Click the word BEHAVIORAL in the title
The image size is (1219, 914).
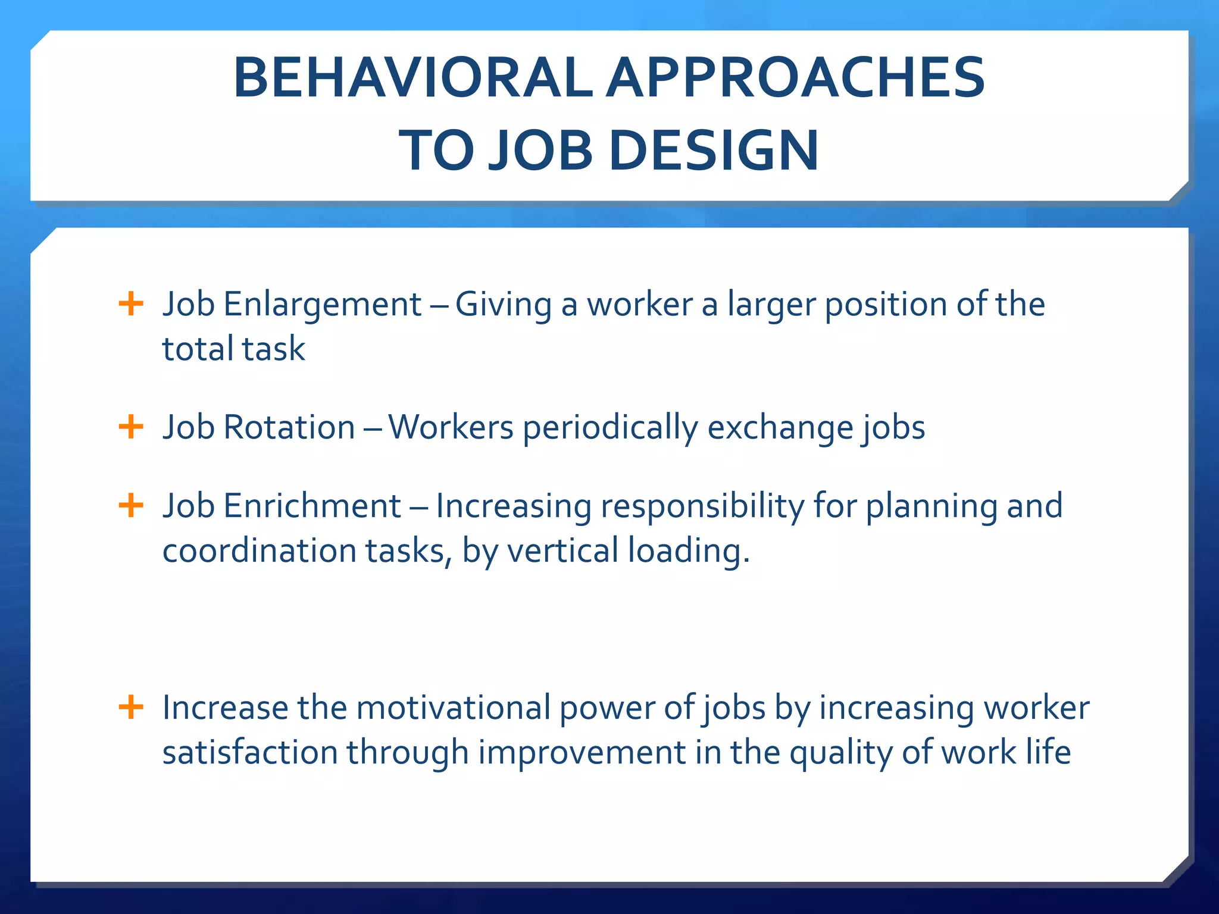pyautogui.click(x=412, y=78)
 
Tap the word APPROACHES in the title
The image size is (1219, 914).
pyautogui.click(x=795, y=78)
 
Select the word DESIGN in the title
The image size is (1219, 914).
pyautogui.click(x=714, y=151)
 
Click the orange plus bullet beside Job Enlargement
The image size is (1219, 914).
pyautogui.click(x=131, y=304)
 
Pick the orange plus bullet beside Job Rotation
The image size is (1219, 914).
pyautogui.click(x=131, y=427)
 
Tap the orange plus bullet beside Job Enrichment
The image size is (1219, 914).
pyautogui.click(x=131, y=506)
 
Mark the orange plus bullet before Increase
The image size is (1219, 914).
pyautogui.click(x=131, y=708)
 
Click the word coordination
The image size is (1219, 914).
pyautogui.click(x=259, y=550)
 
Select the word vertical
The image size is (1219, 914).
pyautogui.click(x=562, y=550)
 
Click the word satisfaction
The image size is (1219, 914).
pyautogui.click(x=250, y=752)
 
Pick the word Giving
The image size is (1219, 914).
pyautogui.click(x=504, y=305)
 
